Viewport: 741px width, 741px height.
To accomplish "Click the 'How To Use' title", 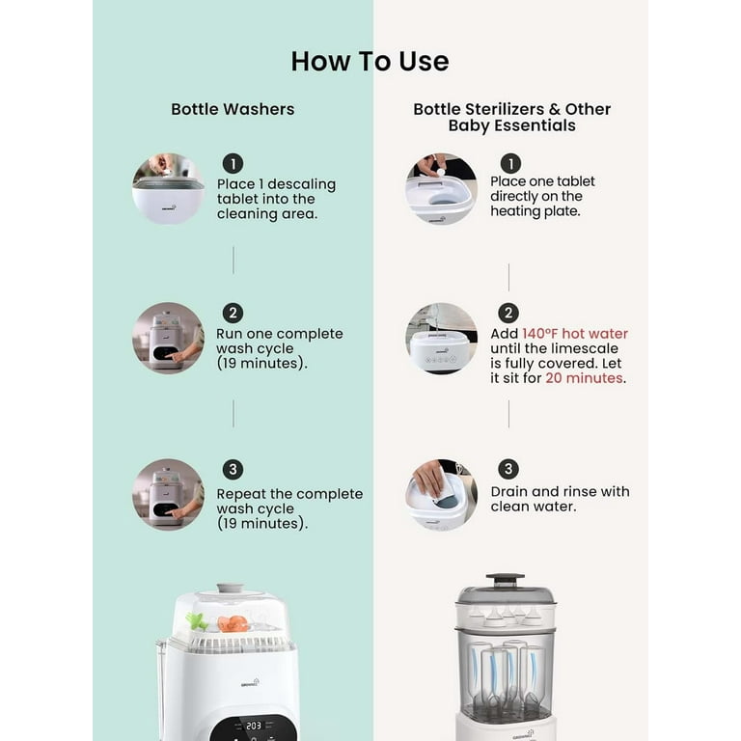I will tap(370, 61).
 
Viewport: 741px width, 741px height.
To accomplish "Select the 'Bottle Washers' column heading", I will tap(233, 109).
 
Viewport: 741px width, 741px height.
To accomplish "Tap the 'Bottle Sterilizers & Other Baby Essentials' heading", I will tap(511, 117).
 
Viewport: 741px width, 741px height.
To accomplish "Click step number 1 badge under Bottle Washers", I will tap(233, 163).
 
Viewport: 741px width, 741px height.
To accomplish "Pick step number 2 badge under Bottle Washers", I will tap(233, 314).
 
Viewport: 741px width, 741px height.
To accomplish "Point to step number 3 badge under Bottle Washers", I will tap(233, 470).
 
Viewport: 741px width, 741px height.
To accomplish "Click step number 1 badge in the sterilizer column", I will tap(510, 163).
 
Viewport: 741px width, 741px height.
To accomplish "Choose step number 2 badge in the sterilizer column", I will tap(508, 314).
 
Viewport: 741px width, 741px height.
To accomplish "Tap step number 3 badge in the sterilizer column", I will tap(508, 470).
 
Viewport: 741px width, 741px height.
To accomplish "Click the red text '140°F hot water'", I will tap(575, 334).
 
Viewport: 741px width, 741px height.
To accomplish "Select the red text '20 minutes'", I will tap(583, 378).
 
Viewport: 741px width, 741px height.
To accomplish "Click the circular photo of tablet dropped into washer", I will tap(168, 189).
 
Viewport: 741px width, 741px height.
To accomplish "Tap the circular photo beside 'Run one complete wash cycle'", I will tap(168, 338).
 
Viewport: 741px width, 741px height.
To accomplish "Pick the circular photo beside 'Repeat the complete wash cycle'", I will tap(168, 494).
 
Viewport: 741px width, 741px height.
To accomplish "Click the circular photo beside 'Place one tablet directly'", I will tap(441, 189).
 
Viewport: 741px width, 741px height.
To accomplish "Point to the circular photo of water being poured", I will tap(441, 338).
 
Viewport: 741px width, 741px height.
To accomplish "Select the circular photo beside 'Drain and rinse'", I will tap(441, 494).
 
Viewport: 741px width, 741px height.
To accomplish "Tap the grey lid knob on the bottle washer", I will tap(230, 588).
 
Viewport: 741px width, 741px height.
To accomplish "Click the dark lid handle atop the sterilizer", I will tap(504, 580).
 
